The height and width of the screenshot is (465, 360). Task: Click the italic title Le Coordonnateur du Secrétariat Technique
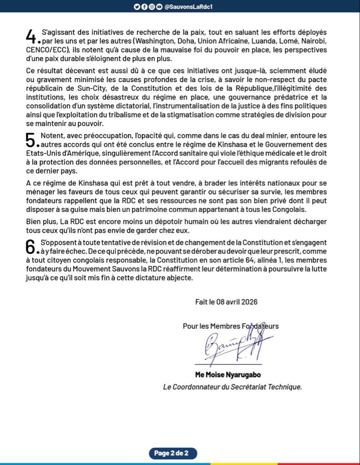click(232, 387)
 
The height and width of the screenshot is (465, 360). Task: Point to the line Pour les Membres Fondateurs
click(230, 326)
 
